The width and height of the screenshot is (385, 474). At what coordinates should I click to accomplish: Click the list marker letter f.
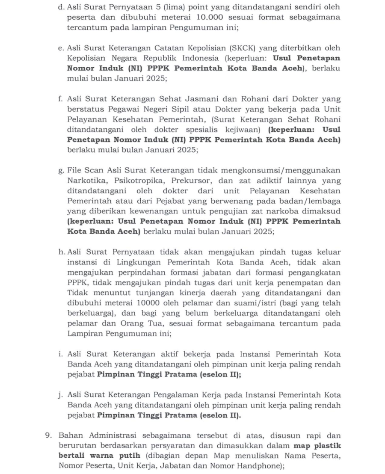(x=60, y=99)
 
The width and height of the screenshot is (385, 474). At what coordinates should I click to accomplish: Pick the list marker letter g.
(x=60, y=171)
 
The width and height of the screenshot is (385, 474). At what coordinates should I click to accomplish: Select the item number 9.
(x=49, y=436)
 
